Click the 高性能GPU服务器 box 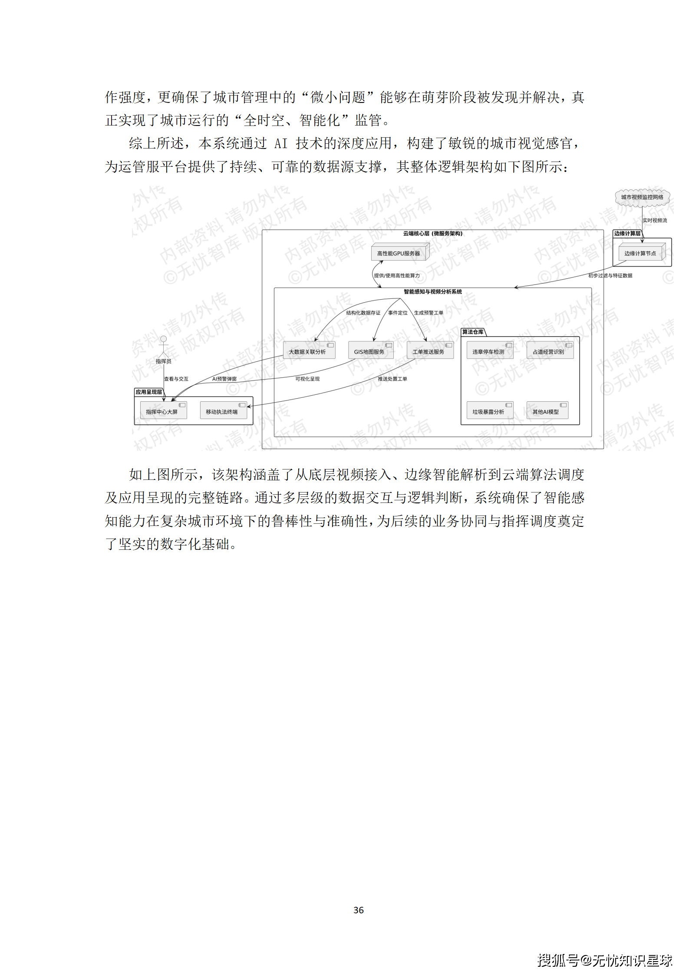point(399,253)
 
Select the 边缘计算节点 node point(641,253)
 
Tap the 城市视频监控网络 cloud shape point(642,198)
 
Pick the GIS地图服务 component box point(370,351)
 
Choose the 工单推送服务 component point(429,351)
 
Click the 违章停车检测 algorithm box point(489,351)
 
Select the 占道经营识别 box point(549,351)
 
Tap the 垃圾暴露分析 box point(489,411)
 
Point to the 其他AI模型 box point(547,411)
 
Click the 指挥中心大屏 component point(162,411)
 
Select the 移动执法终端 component point(223,411)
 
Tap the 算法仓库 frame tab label point(473,332)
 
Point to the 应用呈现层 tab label point(149,392)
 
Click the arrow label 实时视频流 point(655,221)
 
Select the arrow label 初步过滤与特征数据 point(610,275)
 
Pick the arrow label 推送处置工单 point(392,379)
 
